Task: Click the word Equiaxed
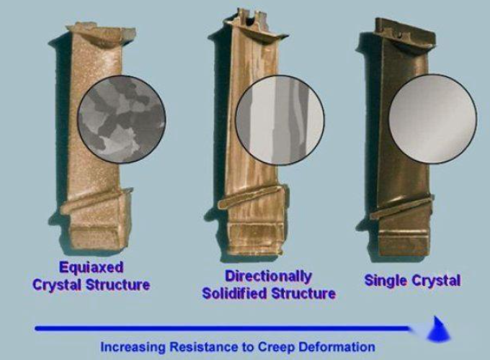coord(92,268)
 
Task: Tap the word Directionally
coord(269,276)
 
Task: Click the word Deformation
coord(337,347)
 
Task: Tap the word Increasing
coord(133,347)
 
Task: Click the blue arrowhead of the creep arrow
coord(438,330)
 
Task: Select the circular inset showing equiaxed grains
coord(122,119)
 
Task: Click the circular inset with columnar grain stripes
coord(280,120)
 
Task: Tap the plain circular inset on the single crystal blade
coord(433,119)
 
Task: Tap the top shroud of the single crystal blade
coord(405,33)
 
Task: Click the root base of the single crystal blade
coord(404,243)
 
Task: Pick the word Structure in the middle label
coord(303,294)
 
